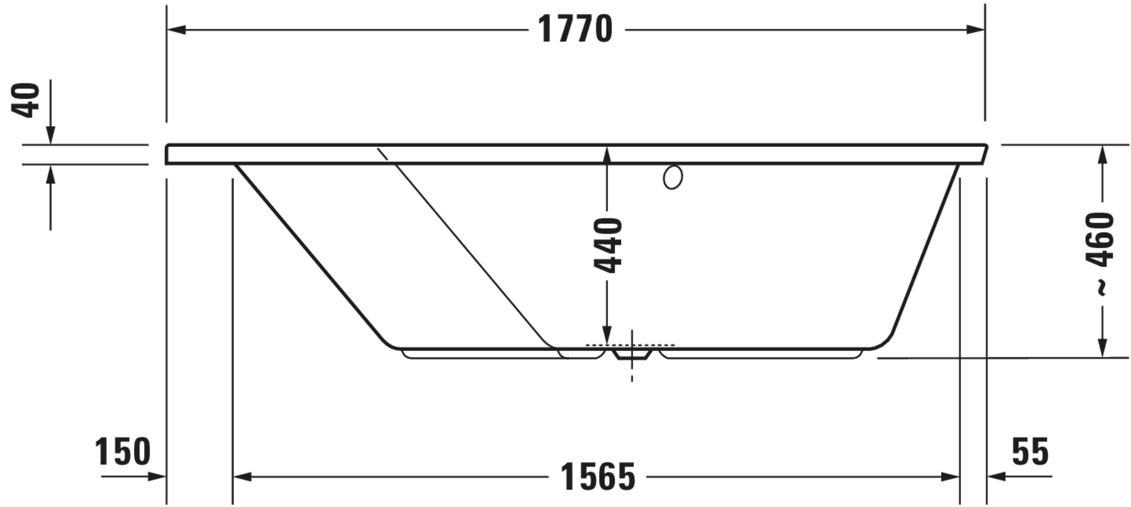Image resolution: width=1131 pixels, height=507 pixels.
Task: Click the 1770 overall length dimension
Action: point(575,29)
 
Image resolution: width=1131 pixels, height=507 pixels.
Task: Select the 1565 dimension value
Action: point(598,477)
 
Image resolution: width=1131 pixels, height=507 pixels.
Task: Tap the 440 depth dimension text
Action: point(608,245)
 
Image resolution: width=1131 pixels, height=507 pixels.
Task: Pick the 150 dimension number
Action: point(123,452)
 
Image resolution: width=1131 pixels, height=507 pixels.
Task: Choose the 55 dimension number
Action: point(1030,452)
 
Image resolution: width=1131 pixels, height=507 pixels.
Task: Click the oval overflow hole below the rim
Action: point(673,177)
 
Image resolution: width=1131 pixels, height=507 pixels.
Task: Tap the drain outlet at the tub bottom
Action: point(632,354)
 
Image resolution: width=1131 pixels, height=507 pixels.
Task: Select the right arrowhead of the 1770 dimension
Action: point(975,30)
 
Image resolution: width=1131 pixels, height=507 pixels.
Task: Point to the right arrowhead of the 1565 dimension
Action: point(950,477)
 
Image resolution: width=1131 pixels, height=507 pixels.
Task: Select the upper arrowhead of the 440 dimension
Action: point(607,155)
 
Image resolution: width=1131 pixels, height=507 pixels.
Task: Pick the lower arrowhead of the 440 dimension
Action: point(607,335)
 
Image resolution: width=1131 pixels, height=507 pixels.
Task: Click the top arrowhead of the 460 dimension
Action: point(1102,155)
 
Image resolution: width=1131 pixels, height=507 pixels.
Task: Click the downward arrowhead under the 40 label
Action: point(51,135)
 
